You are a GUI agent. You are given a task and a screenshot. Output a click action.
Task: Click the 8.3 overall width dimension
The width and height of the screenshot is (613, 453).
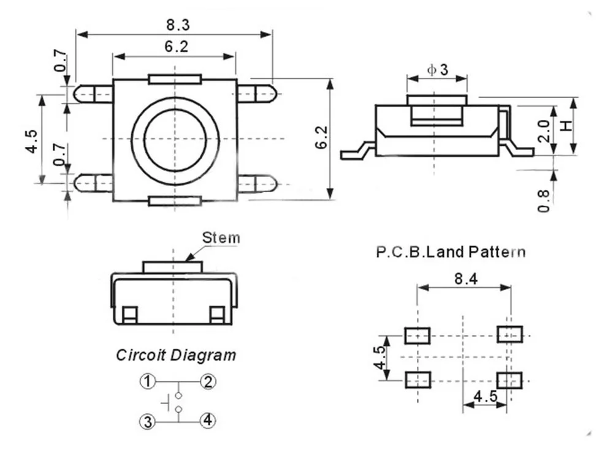click(x=178, y=25)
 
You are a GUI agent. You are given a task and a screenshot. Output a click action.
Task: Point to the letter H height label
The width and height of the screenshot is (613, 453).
click(x=567, y=125)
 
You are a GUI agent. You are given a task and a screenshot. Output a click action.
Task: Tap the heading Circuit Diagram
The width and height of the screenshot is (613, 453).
click(x=176, y=354)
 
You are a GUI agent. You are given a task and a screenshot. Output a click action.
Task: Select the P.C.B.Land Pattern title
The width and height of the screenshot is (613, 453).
click(x=451, y=251)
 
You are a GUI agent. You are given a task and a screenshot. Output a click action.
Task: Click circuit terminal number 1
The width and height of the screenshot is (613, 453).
click(x=147, y=382)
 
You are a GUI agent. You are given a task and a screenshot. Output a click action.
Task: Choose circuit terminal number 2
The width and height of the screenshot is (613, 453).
click(x=208, y=382)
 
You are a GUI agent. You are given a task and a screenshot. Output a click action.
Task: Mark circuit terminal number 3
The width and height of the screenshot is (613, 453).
click(x=147, y=421)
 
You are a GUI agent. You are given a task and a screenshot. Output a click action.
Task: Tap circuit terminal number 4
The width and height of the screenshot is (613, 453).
click(x=208, y=421)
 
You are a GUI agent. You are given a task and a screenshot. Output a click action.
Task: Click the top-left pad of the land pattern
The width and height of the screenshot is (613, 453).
click(x=417, y=335)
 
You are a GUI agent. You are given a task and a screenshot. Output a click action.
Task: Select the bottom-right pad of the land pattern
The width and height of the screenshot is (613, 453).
click(x=509, y=380)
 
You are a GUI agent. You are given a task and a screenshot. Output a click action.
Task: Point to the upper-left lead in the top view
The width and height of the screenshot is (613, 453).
click(x=94, y=94)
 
